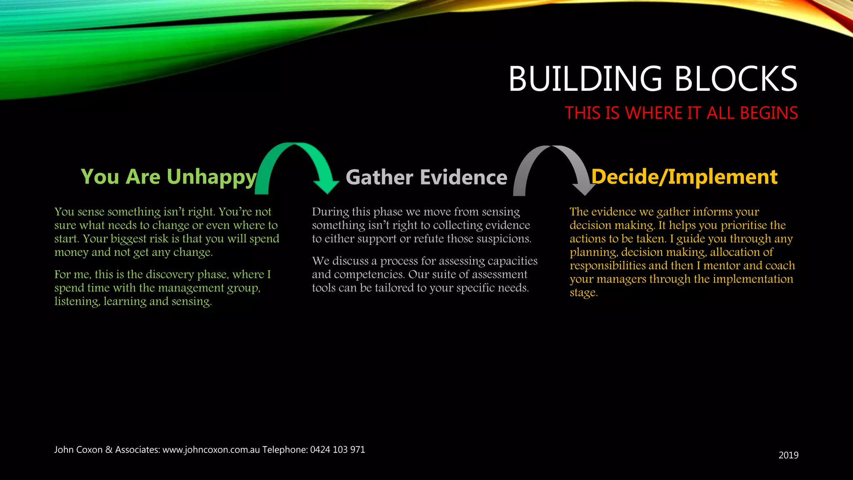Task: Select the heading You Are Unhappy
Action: (169, 177)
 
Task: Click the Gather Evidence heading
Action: (426, 177)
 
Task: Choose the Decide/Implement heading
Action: (684, 177)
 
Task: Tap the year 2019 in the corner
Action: (788, 455)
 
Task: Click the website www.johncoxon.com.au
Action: (211, 450)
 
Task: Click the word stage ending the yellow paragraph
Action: (583, 293)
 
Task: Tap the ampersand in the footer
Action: (109, 450)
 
